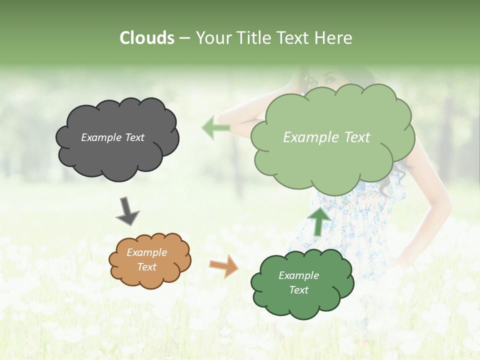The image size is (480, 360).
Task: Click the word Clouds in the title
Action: click(147, 38)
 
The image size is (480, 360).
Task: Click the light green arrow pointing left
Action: click(216, 127)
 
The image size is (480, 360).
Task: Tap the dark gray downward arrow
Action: click(127, 211)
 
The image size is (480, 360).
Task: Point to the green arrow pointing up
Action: click(318, 221)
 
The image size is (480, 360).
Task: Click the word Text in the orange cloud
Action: click(147, 267)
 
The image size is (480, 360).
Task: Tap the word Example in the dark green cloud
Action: click(298, 275)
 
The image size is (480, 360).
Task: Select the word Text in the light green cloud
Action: click(357, 137)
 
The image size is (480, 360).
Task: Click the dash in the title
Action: click(184, 38)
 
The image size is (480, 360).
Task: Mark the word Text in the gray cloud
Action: click(135, 137)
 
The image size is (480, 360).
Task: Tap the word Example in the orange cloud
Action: click(147, 252)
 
